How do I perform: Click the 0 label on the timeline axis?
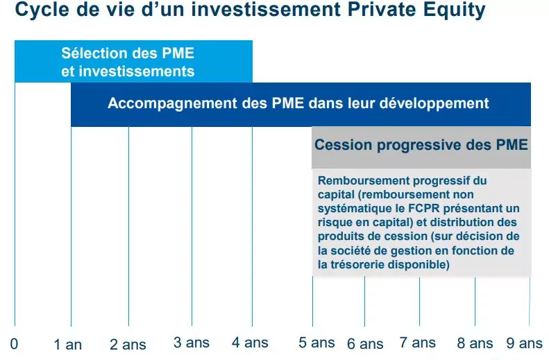14,344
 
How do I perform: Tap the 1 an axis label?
68,345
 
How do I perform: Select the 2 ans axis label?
128,345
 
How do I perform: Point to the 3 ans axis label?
192,342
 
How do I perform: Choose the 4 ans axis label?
250,342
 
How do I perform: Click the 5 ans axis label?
317,342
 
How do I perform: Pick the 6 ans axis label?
365,344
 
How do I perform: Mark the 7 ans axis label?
418,342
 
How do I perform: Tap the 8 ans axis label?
475,343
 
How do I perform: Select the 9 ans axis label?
525,343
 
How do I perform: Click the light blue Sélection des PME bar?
133,62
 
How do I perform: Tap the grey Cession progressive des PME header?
421,146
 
